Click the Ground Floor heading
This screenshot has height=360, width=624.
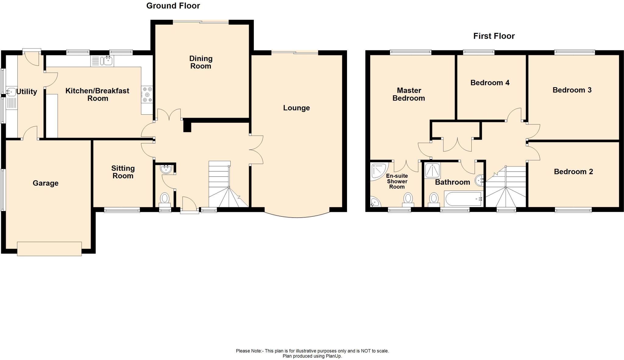point(173,6)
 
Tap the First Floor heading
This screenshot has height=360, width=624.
point(494,36)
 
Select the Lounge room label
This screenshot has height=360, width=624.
point(296,108)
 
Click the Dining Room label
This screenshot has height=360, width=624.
point(201,62)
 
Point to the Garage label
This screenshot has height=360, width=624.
point(45,183)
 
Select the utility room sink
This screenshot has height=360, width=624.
point(11,92)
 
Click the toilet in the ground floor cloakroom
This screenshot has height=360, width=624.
point(165,198)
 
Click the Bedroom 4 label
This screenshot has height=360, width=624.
point(490,83)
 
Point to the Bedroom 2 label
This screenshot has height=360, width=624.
point(573,172)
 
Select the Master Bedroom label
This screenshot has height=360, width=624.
point(409,94)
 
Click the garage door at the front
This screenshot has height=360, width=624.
point(49,248)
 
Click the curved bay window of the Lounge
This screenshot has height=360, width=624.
point(297,216)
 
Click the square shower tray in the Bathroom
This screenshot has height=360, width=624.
point(432,171)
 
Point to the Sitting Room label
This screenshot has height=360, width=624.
point(123,172)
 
